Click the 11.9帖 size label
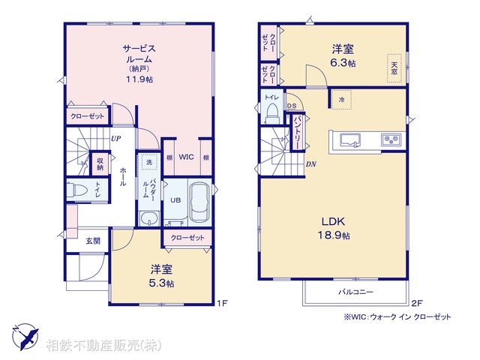coord(139,79)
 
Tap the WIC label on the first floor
coord(187,157)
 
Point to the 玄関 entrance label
coord(92,241)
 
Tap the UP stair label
coord(116,139)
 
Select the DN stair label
coord(310,163)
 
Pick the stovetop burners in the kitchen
coord(391,139)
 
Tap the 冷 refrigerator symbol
coord(340,100)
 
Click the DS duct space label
coord(291,106)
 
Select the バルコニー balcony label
coord(355,291)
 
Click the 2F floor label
coord(418,303)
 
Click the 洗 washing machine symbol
coord(148,163)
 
